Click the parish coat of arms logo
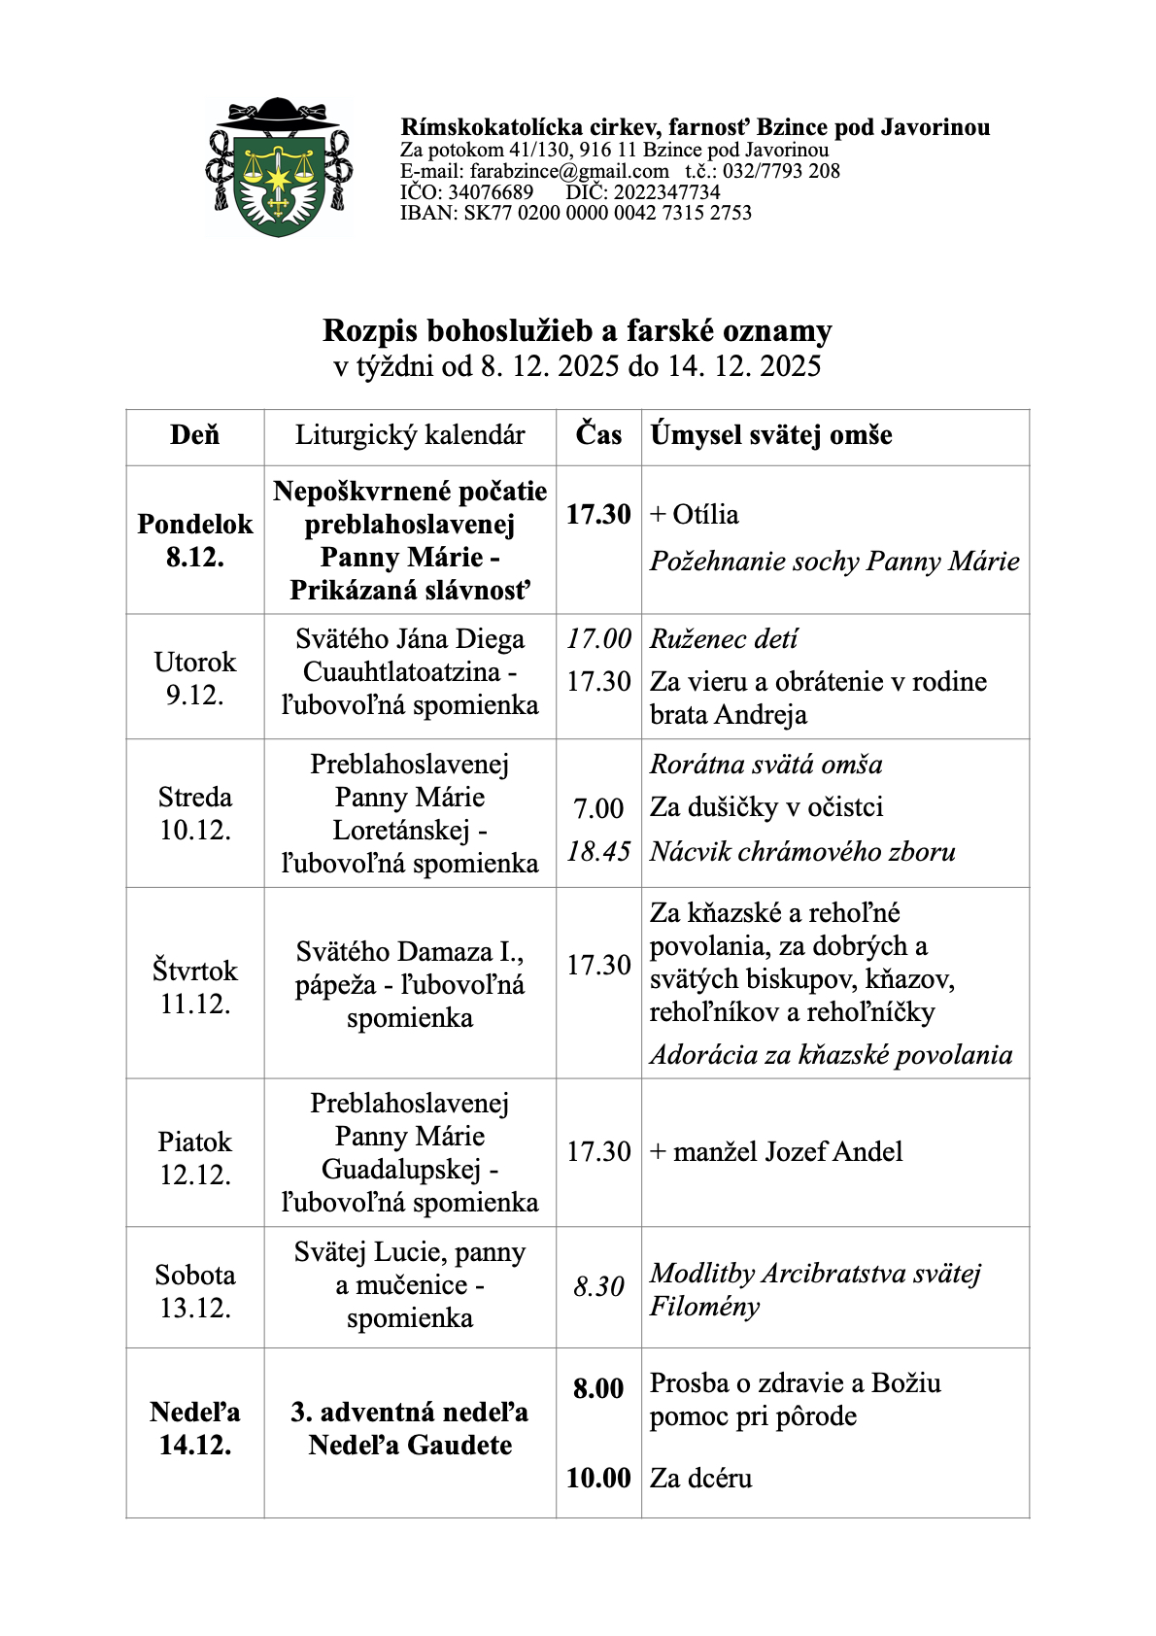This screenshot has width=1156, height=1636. tap(278, 169)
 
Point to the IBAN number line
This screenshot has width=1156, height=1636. tap(576, 213)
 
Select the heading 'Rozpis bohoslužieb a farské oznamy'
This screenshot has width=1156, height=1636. tap(577, 331)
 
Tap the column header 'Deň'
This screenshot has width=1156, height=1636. tap(194, 435)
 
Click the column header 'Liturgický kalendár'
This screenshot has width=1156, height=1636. tap(410, 435)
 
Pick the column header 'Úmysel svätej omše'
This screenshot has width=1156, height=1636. tap(771, 435)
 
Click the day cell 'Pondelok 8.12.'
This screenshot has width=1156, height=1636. tap(194, 540)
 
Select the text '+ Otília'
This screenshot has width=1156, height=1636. tap(695, 515)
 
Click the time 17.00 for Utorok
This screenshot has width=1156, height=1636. tap(598, 639)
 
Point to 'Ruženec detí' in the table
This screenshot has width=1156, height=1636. tap(724, 639)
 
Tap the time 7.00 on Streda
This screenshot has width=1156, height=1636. tap(598, 808)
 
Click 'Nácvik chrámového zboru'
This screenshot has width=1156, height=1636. tap(802, 852)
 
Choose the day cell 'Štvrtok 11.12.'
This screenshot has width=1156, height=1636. tap(194, 987)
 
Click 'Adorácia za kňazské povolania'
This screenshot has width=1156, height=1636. tap(831, 1055)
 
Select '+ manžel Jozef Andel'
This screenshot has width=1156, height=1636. tap(776, 1152)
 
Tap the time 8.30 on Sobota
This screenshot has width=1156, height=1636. tap(598, 1287)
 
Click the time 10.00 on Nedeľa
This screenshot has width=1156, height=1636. tap(598, 1479)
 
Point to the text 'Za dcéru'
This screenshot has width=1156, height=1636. tap(701, 1479)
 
